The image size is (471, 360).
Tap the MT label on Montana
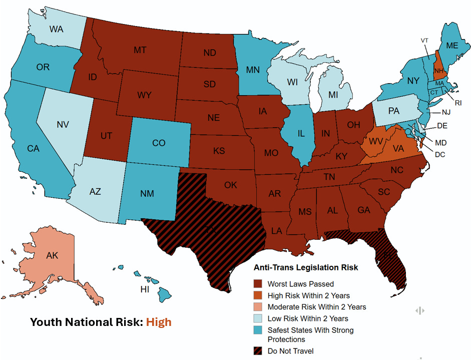140,50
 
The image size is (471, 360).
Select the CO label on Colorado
159,143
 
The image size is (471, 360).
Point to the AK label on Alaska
52,255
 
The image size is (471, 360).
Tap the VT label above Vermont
424,41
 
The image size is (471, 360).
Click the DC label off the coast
440,154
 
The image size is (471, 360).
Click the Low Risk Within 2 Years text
308,318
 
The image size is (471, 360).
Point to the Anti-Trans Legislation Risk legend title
306,267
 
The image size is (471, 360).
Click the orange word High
159,322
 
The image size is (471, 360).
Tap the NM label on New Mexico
147,194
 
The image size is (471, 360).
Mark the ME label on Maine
452,45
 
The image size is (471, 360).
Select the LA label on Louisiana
276,231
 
